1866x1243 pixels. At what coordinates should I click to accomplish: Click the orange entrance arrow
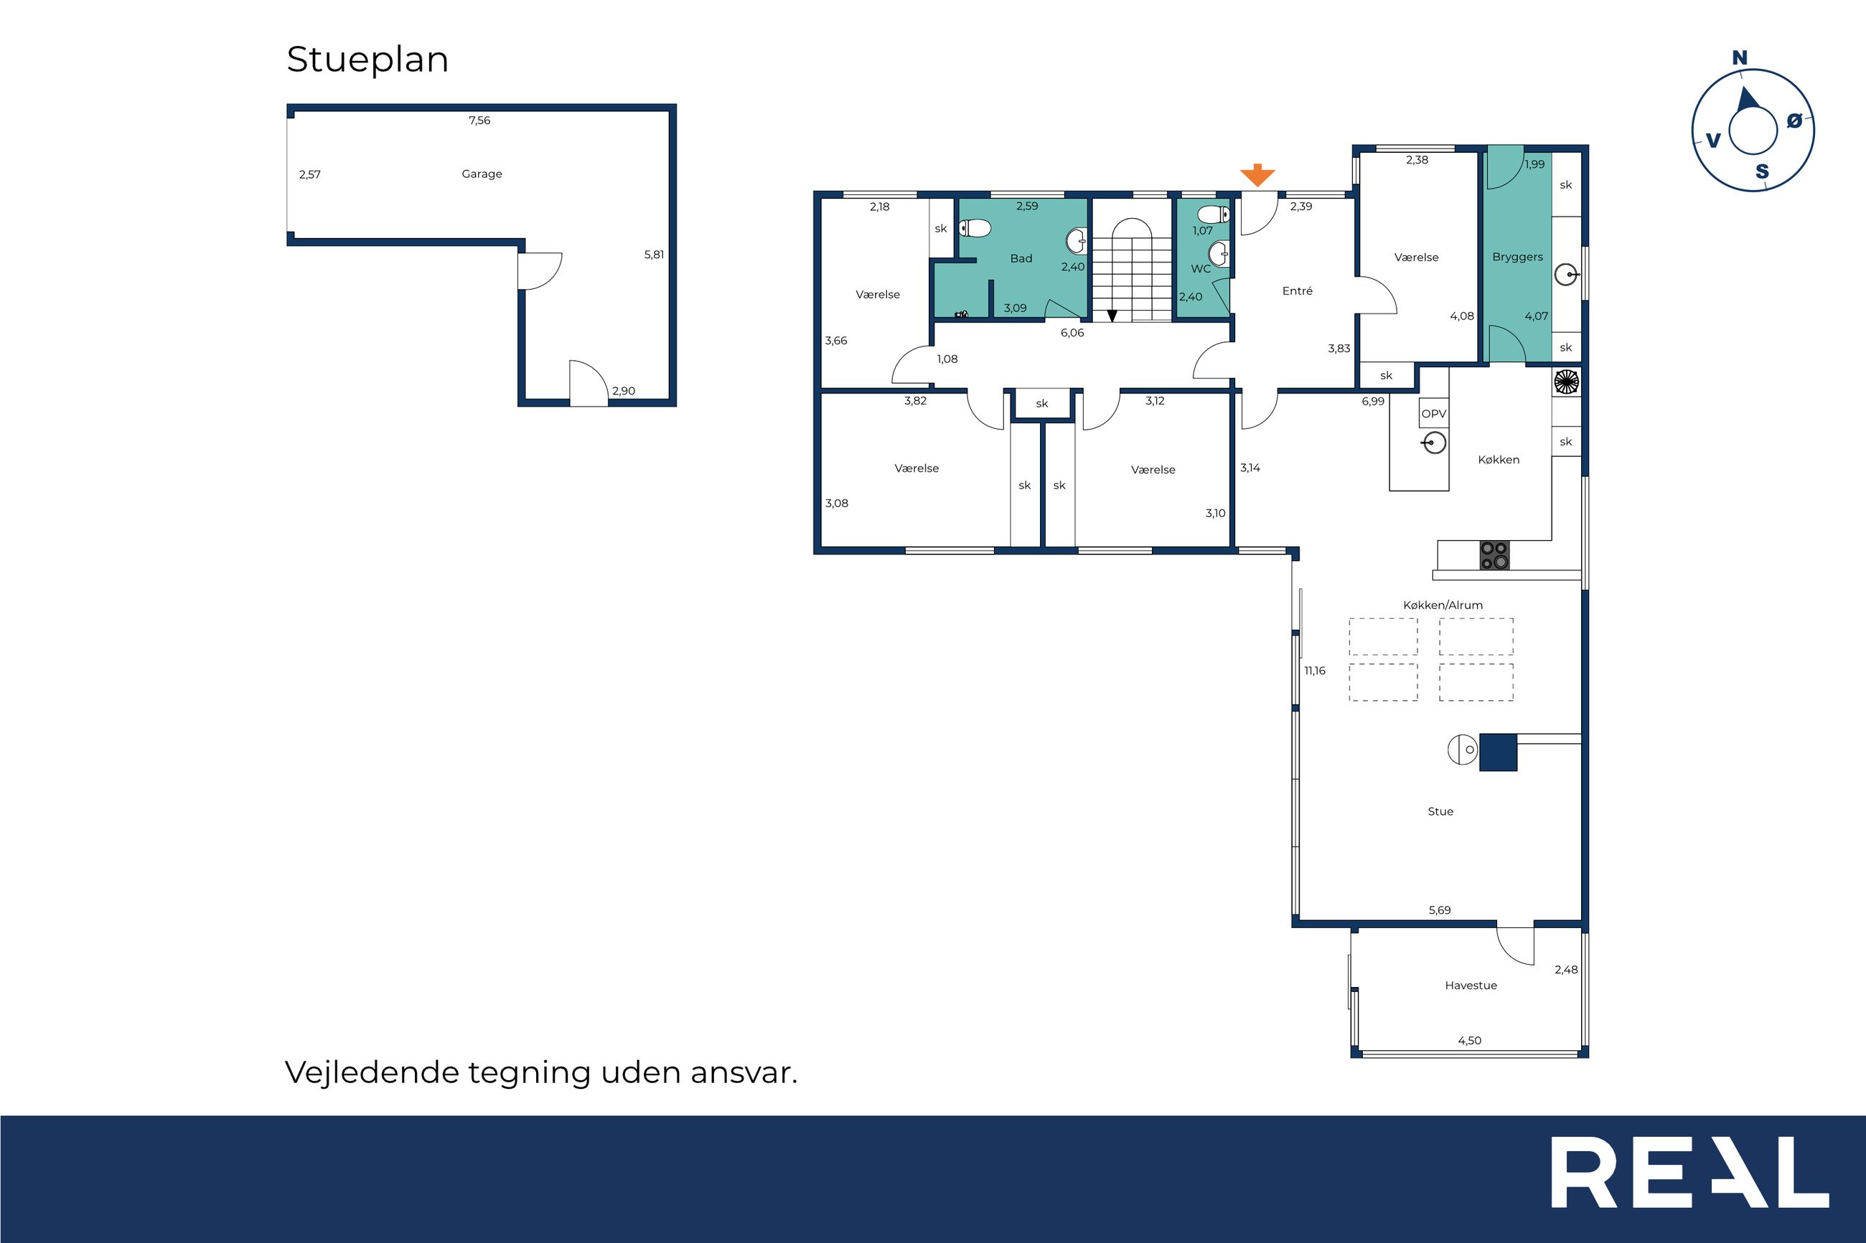[x=1257, y=175]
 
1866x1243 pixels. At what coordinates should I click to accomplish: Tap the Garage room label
[x=482, y=174]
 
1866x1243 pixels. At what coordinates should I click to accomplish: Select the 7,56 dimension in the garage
[x=479, y=120]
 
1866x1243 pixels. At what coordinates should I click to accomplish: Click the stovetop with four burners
[x=1494, y=555]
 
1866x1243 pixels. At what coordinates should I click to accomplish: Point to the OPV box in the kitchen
[x=1434, y=414]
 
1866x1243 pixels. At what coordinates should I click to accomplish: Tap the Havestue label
[x=1471, y=986]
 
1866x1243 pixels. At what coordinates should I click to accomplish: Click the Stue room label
[x=1440, y=812]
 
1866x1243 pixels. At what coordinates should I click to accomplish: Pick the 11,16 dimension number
[x=1315, y=671]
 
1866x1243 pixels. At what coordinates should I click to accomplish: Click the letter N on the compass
[x=1740, y=58]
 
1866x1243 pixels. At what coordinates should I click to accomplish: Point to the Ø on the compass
[x=1794, y=120]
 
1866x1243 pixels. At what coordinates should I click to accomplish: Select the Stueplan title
[x=368, y=60]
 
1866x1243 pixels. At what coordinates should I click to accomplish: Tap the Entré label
[x=1298, y=291]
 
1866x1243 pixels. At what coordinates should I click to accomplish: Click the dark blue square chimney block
[x=1498, y=752]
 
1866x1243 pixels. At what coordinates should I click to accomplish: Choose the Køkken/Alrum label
[x=1443, y=605]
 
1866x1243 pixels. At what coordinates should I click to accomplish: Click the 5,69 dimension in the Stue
[x=1440, y=910]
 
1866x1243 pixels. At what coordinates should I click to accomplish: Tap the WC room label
[x=1201, y=269]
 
